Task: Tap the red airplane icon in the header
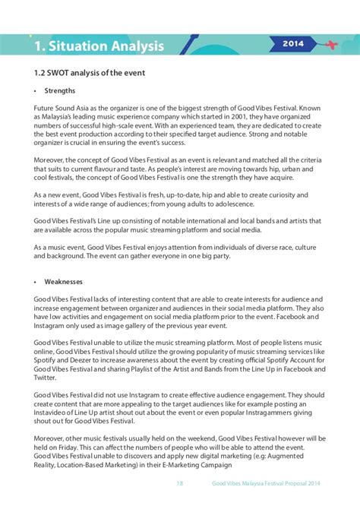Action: (x=329, y=44)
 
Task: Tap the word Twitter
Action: (x=46, y=378)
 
